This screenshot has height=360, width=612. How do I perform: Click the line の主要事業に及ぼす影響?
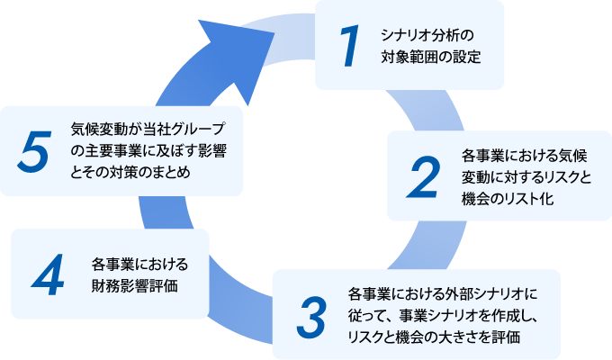click(148, 151)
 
